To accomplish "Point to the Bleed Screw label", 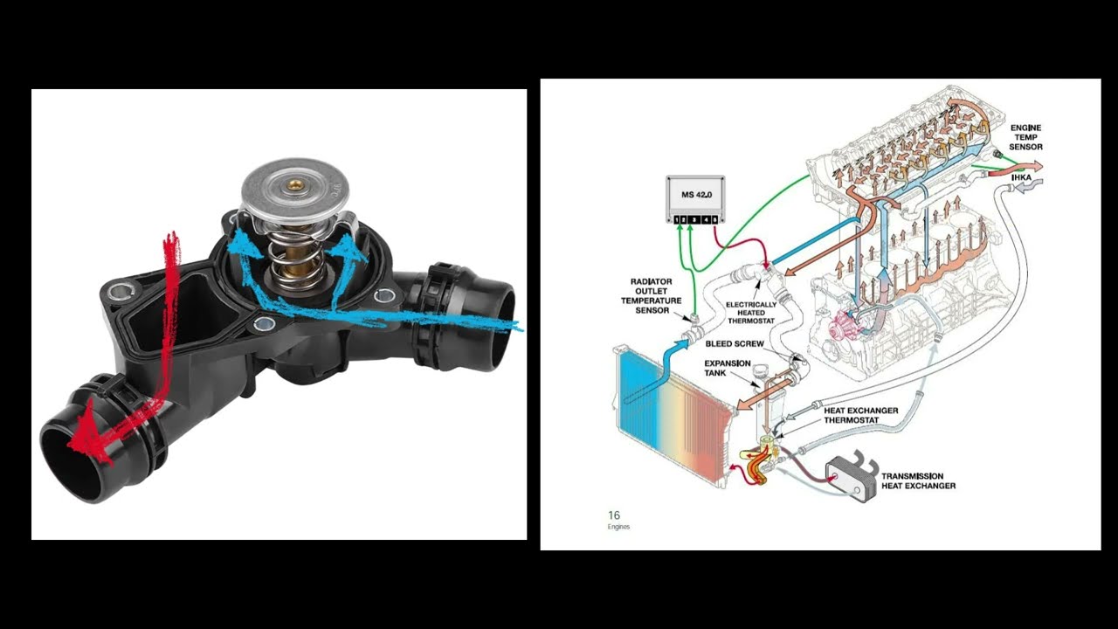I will (x=729, y=344).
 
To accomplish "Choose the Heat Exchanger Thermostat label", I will (x=860, y=415).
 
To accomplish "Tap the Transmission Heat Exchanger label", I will (x=918, y=481).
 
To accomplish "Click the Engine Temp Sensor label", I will (x=1025, y=137).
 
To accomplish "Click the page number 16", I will (x=613, y=515).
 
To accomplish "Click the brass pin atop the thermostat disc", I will (x=296, y=184).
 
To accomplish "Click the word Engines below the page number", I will (x=618, y=527).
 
